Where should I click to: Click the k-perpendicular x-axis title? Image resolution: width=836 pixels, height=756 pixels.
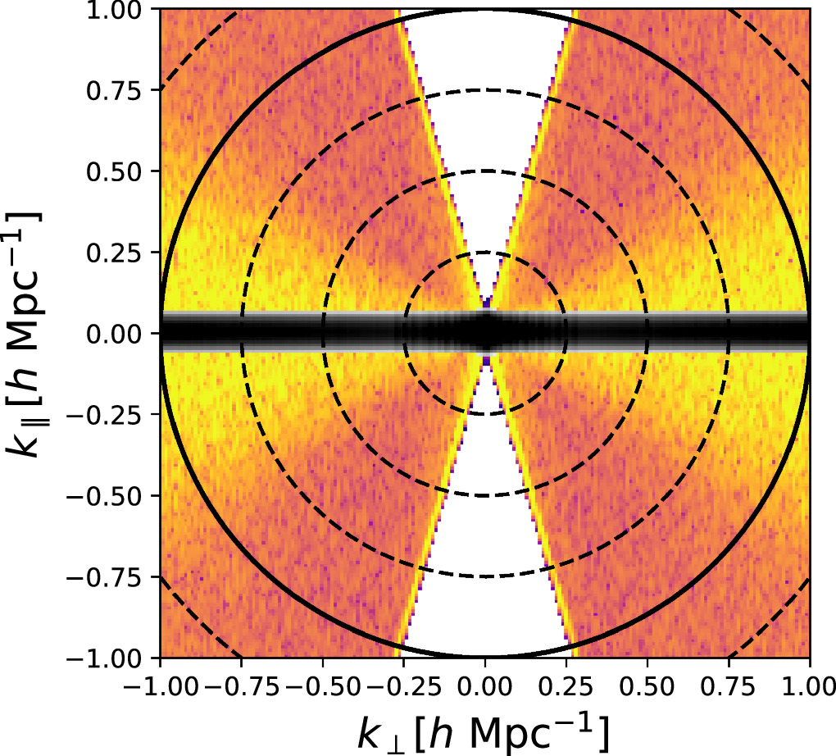pyautogui.click(x=484, y=731)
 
